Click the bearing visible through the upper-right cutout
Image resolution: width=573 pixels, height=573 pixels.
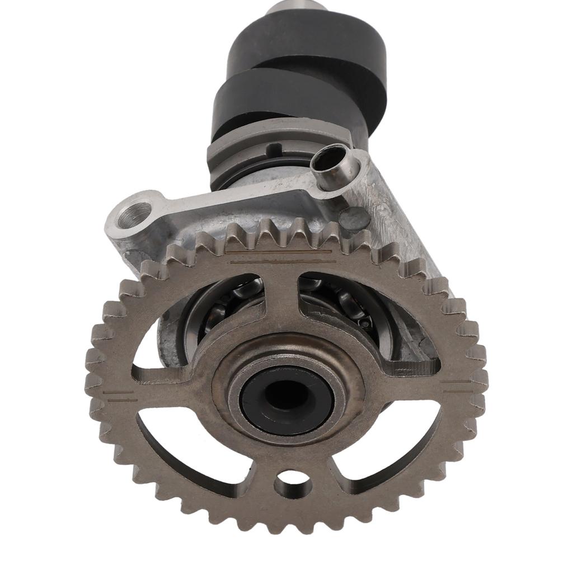tap(347, 305)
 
